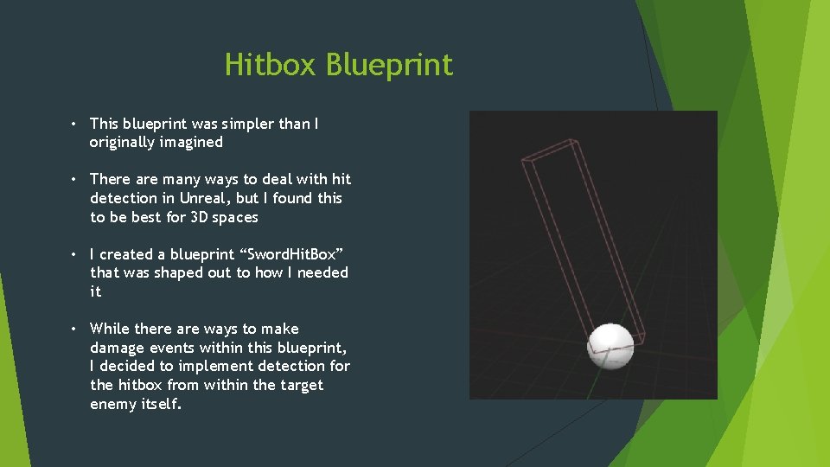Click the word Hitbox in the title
[270, 65]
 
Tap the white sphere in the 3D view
[610, 345]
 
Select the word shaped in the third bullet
[177, 272]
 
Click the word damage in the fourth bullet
[118, 348]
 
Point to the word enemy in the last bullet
[113, 404]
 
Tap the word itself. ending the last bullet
[162, 404]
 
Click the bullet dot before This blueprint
[76, 125]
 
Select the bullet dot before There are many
[76, 180]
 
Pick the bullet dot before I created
[76, 255]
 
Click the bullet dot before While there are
[76, 329]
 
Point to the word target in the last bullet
[300, 385]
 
